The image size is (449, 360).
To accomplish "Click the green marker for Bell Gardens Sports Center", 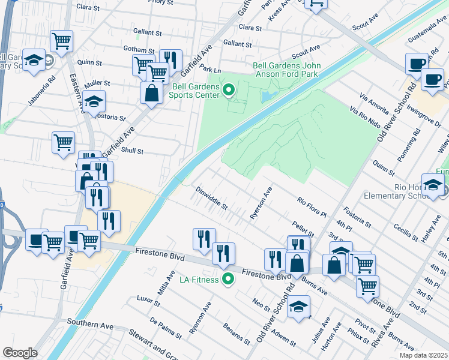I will coord(228,91).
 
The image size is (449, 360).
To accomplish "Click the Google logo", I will coord(20,353).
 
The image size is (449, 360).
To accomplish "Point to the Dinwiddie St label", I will coord(212,198).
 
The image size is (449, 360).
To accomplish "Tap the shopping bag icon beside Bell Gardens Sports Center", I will coord(151,93).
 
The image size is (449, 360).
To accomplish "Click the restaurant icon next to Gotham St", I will coord(170,59).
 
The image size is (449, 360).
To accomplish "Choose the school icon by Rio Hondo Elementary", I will coord(433,185).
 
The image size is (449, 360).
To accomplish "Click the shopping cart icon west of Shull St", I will coord(63,143).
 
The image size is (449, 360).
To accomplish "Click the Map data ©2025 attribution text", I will coord(423,355).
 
